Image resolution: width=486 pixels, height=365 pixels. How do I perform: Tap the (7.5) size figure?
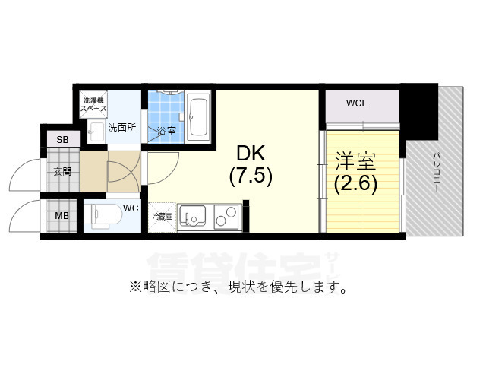pyautogui.click(x=250, y=176)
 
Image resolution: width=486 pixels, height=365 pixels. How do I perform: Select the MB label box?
pyautogui.click(x=62, y=215)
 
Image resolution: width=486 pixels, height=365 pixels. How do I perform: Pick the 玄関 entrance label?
pyautogui.click(x=62, y=172)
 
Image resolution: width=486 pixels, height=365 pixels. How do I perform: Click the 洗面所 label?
pyautogui.click(x=121, y=127)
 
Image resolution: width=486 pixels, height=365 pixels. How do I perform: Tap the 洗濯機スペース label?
pyautogui.click(x=95, y=105)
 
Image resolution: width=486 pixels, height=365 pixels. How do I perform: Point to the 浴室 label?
pyautogui.click(x=166, y=131)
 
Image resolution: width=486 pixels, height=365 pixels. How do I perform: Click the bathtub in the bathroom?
pyautogui.click(x=199, y=116)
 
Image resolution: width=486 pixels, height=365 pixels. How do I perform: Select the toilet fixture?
pyautogui.click(x=102, y=215)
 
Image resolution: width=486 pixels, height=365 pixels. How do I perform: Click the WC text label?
pyautogui.click(x=130, y=207)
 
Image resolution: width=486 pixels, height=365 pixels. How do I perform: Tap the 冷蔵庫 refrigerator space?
pyautogui.click(x=163, y=217)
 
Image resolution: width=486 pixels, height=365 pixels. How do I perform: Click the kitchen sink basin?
pyautogui.click(x=192, y=217)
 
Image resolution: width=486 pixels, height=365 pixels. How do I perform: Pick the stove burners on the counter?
pyautogui.click(x=226, y=217)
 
